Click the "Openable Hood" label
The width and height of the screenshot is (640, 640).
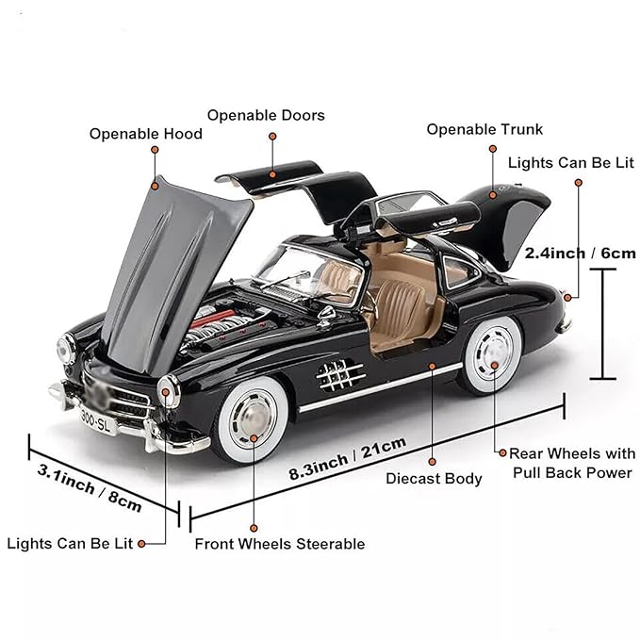pos(146,134)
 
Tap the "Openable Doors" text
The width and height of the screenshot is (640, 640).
pos(266,115)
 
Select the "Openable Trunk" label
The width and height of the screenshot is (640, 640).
pos(484,129)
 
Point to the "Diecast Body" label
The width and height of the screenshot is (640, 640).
pos(434,479)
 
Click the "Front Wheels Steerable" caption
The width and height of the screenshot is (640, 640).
pos(279,544)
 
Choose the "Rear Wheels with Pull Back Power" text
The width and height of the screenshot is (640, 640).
pos(572,463)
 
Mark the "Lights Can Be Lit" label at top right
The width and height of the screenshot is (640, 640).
pos(570,162)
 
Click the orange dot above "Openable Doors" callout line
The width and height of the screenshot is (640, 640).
pos(272,137)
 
